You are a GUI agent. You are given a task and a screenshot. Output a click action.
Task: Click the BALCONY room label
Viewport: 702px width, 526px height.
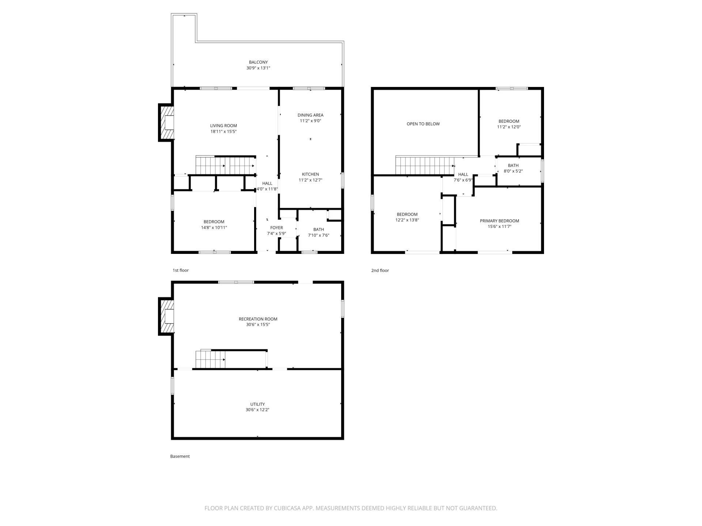click(258, 62)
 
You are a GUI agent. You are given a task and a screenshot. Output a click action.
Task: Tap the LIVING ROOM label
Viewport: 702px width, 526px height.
click(223, 126)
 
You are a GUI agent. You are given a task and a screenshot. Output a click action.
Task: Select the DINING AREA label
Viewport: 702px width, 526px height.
click(310, 115)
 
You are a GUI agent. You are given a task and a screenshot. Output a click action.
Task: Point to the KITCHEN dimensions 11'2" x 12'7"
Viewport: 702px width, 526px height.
click(310, 180)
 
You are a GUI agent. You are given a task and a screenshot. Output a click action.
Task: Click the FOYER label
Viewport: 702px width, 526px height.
click(276, 228)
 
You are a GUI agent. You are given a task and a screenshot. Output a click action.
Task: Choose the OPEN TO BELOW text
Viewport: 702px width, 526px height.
click(423, 124)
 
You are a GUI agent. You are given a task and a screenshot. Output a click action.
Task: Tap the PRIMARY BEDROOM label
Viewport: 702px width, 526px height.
click(499, 221)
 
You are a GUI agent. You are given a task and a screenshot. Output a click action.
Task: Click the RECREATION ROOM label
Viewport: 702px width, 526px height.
click(258, 319)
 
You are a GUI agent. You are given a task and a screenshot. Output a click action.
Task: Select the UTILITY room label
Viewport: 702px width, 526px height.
click(257, 404)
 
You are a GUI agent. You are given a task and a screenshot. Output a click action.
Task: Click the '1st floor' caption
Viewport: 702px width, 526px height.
click(181, 271)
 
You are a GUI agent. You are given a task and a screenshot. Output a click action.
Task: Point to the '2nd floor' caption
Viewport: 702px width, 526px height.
click(380, 271)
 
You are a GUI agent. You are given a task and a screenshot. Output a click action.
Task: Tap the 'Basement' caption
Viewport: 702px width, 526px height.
click(180, 457)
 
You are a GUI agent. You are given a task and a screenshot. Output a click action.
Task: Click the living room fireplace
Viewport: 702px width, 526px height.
click(166, 122)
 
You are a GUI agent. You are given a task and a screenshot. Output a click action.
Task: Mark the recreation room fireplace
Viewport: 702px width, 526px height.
click(166, 316)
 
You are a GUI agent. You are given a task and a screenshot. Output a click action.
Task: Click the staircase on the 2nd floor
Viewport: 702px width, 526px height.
click(425, 166)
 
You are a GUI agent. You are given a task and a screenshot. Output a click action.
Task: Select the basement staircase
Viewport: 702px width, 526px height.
click(210, 359)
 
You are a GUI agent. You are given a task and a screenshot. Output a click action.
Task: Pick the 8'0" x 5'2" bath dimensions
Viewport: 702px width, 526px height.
click(513, 171)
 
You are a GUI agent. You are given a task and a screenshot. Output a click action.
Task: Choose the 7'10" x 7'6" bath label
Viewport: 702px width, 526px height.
click(318, 236)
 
